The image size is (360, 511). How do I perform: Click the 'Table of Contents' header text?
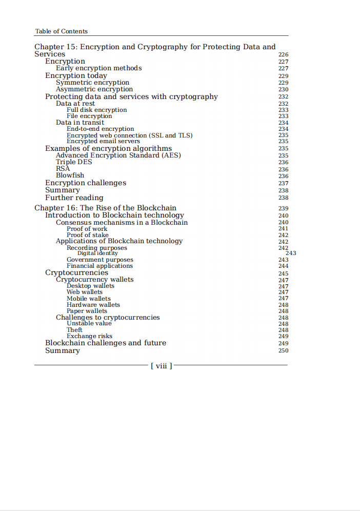click(61, 31)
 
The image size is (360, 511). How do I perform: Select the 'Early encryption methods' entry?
click(98, 68)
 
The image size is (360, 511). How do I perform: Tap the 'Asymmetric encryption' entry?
click(94, 89)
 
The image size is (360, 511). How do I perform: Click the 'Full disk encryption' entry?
click(96, 110)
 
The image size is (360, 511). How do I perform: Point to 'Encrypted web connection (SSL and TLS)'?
click(129, 135)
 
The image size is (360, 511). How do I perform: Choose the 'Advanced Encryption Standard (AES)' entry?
click(118, 155)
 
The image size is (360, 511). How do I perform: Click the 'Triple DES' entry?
click(74, 162)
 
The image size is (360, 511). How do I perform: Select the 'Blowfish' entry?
click(70, 175)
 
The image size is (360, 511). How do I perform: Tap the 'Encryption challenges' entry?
click(85, 183)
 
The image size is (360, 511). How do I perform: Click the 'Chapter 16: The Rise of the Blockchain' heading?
click(105, 208)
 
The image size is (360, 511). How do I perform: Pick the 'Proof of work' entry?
click(87, 229)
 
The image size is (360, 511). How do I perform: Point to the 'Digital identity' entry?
click(97, 253)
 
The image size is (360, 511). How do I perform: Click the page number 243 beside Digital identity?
click(291, 253)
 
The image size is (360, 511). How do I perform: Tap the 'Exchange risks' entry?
click(89, 337)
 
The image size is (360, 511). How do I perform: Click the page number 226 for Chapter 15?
click(283, 54)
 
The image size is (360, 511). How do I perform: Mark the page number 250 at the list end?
click(283, 351)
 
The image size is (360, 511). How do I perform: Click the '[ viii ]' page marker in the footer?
click(161, 366)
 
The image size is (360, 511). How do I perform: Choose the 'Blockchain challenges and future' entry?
click(105, 343)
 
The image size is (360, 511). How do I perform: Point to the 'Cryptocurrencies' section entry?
click(76, 273)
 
